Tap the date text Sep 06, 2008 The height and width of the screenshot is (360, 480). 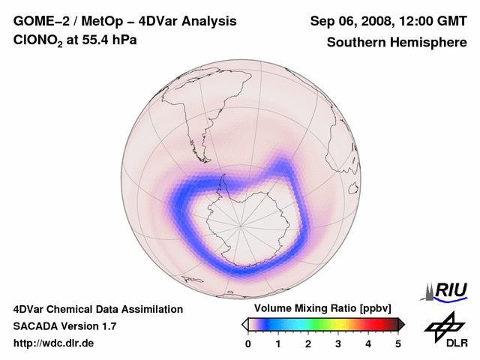[x=348, y=21]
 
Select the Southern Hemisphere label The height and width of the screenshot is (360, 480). [x=396, y=42]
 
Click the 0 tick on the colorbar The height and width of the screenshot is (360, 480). [x=248, y=343]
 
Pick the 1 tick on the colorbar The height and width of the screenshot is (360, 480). [x=278, y=343]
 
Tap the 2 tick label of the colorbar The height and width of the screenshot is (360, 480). [x=308, y=343]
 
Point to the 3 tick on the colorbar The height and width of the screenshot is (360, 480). [x=338, y=343]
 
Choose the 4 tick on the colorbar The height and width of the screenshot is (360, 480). [x=368, y=343]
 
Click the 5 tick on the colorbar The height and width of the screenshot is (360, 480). [x=398, y=343]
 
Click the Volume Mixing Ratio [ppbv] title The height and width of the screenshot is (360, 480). [x=319, y=308]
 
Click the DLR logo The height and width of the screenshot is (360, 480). [x=445, y=331]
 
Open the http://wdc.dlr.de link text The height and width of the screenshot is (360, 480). [x=54, y=343]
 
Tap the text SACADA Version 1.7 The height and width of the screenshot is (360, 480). [x=64, y=326]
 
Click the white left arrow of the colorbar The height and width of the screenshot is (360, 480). [x=244, y=324]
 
